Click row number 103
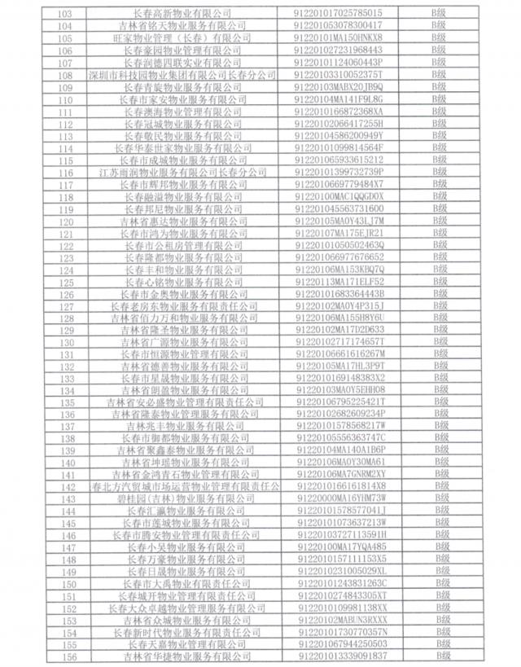(x=67, y=14)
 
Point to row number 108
(x=67, y=75)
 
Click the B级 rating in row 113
(x=441, y=135)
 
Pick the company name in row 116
(x=186, y=172)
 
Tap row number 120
(x=67, y=221)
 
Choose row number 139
(x=67, y=450)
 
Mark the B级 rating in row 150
(x=441, y=583)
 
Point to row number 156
(x=67, y=656)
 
